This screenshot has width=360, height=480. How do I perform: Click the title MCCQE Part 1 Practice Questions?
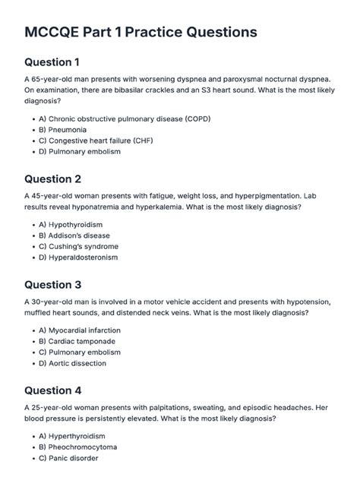141,33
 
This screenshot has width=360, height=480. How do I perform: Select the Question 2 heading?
63,179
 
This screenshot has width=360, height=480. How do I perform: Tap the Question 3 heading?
63,285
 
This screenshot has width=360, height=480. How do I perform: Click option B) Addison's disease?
85,236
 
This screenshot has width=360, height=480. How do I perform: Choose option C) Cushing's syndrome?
89,247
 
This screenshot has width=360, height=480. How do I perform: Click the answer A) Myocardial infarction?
90,330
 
